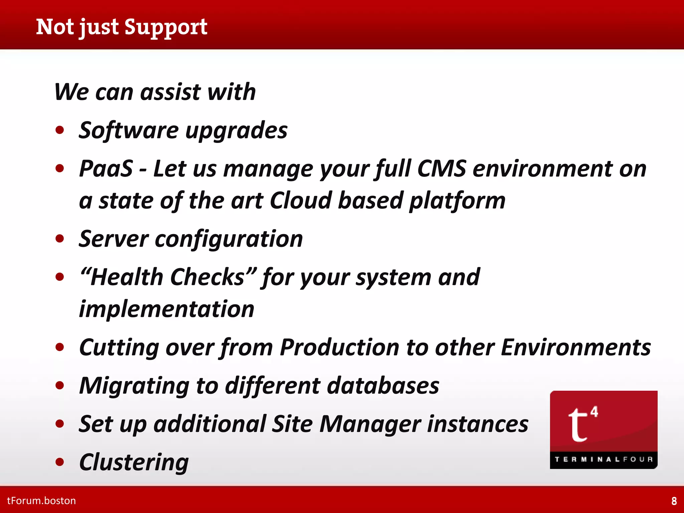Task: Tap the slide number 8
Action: point(674,501)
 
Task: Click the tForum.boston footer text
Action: point(41,501)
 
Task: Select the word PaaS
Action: point(106,169)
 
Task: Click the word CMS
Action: point(441,169)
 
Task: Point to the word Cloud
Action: point(300,201)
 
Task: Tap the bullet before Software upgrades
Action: point(60,130)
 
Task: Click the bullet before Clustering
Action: point(60,462)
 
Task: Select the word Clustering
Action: point(134,463)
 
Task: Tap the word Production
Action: point(339,348)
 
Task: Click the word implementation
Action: point(166,309)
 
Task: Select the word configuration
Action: point(229,239)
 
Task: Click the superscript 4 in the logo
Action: point(594,412)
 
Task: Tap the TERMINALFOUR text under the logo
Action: point(604,460)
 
